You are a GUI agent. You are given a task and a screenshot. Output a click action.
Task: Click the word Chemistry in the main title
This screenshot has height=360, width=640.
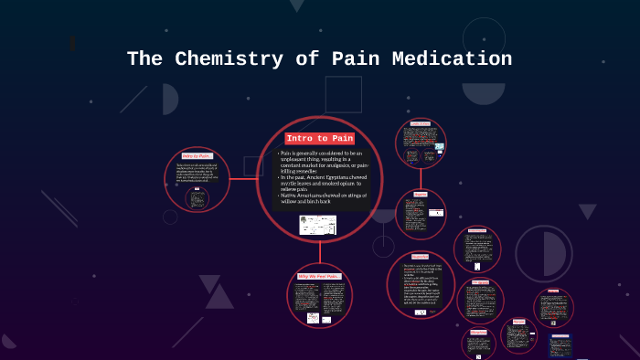(219, 59)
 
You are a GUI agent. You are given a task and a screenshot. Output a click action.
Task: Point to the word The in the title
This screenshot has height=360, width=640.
(144, 59)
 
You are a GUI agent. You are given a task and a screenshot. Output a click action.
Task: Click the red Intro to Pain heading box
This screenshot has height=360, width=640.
(319, 138)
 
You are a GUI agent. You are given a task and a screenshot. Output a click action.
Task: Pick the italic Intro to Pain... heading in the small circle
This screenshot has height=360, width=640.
(197, 156)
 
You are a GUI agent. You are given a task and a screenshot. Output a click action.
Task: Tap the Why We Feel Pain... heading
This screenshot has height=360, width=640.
(318, 276)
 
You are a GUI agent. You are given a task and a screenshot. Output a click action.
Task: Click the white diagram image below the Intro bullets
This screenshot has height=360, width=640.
(317, 225)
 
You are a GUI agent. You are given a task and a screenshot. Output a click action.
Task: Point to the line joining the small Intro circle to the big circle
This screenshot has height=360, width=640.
(243, 179)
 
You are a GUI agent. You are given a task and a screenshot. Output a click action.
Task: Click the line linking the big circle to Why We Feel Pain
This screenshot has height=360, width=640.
(319, 252)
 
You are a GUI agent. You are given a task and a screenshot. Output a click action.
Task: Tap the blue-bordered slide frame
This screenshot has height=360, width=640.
(560, 346)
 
